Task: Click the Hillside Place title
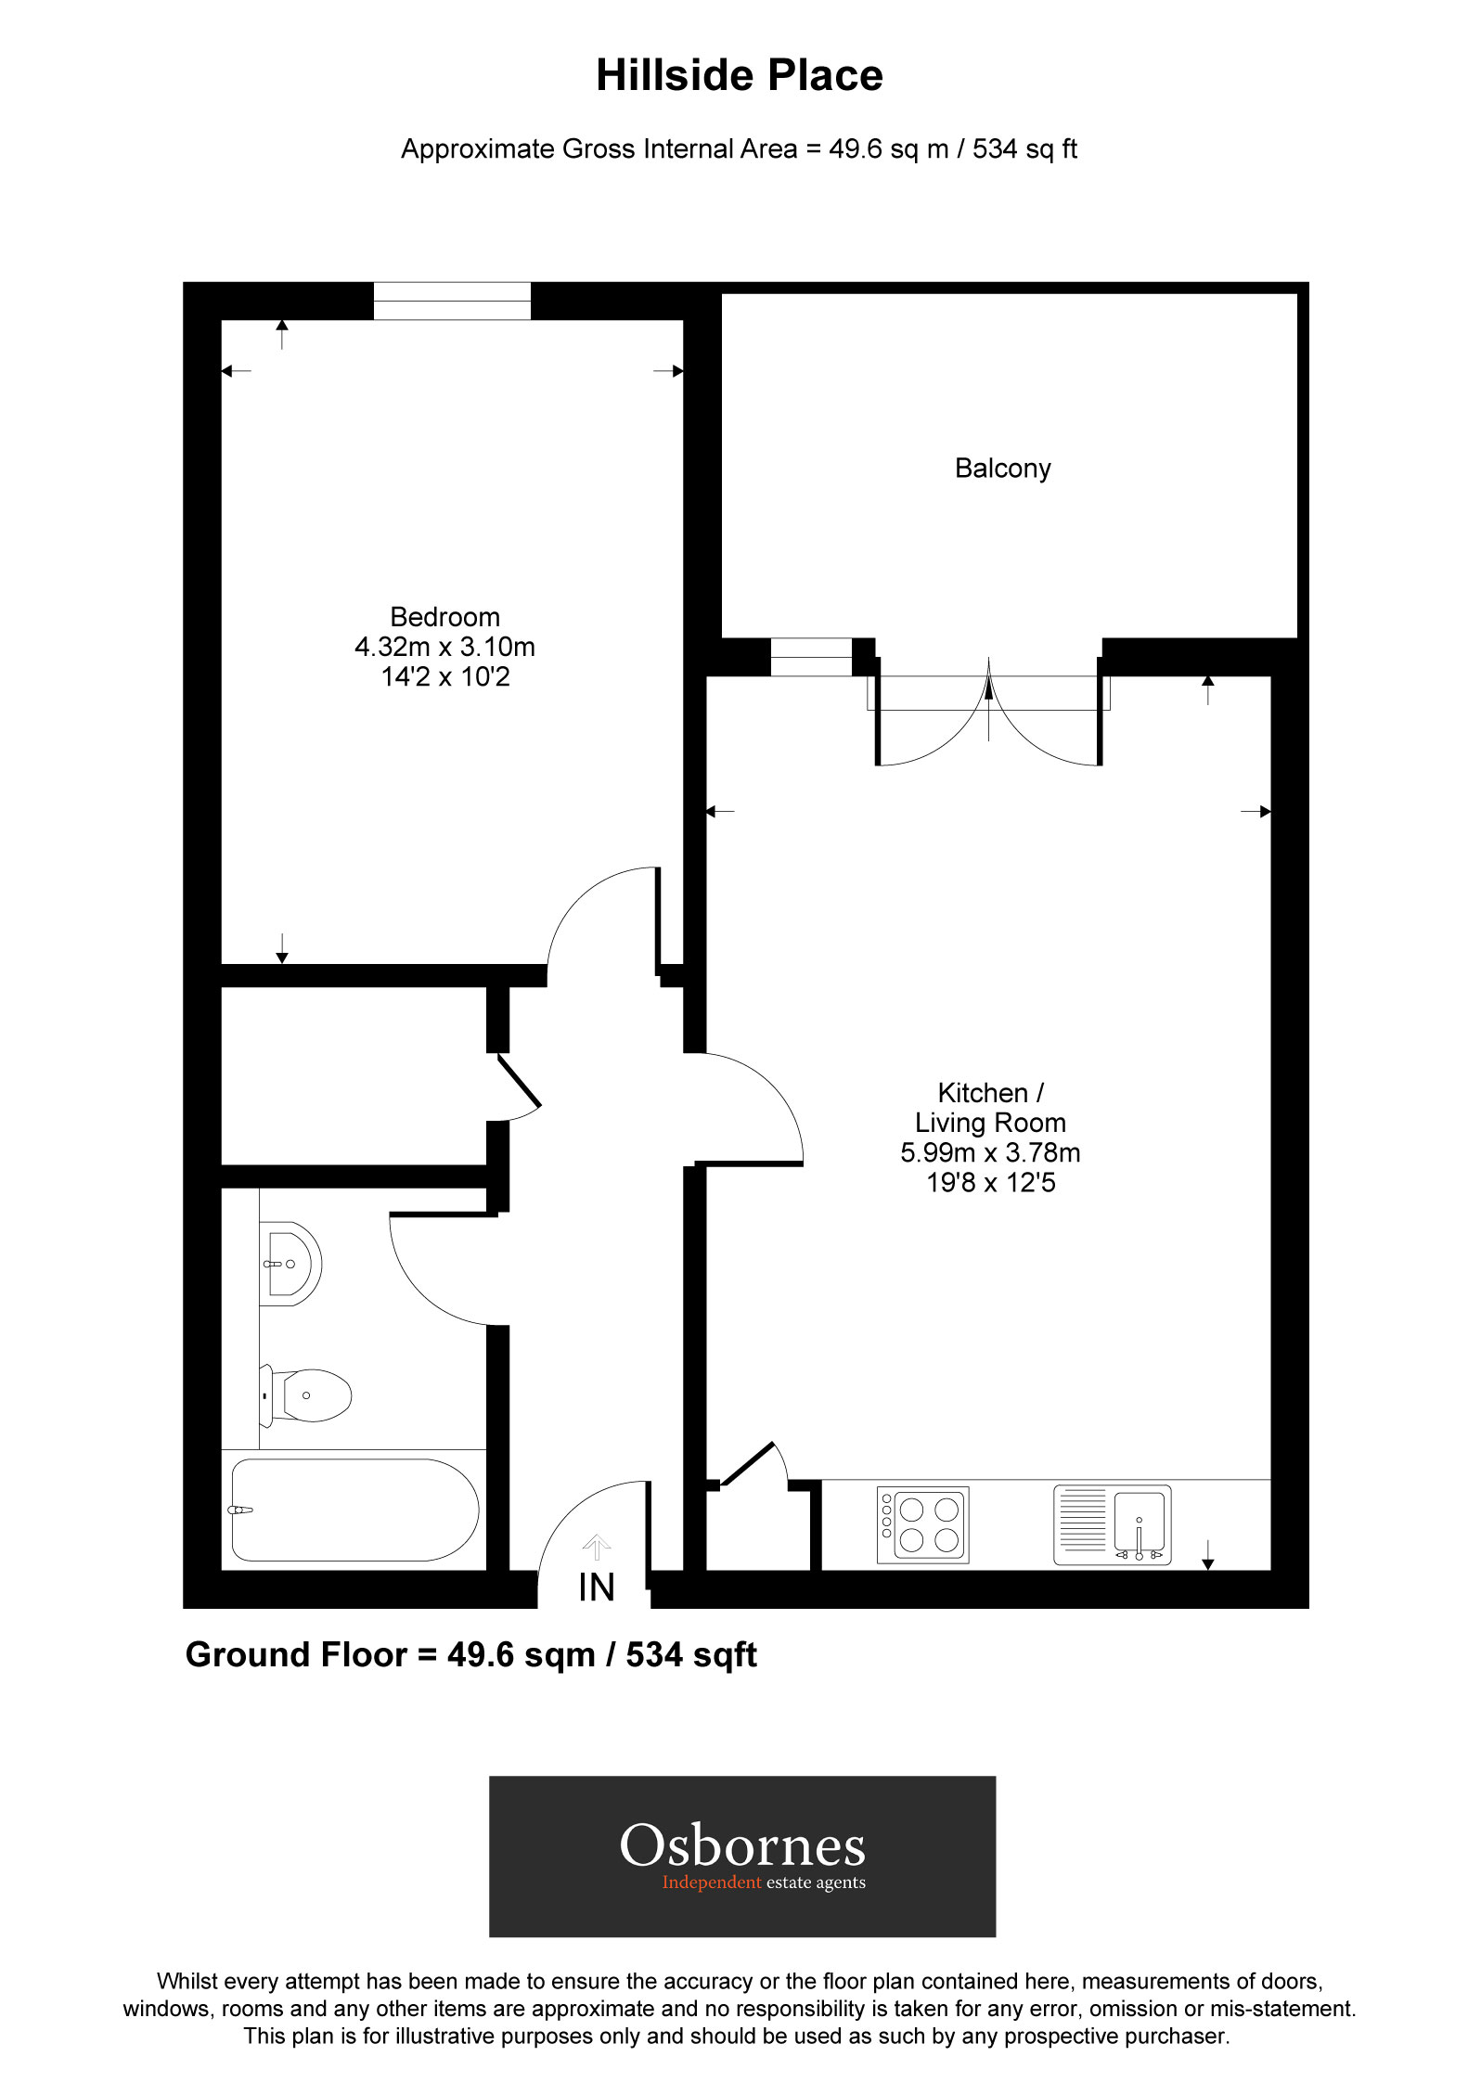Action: pos(739,76)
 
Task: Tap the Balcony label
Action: pos(1002,469)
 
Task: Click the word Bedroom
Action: pos(444,617)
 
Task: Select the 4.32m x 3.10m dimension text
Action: pos(444,647)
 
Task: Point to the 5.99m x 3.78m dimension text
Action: pos(990,1153)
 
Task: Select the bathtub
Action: pos(354,1510)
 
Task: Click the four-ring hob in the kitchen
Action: pos(923,1525)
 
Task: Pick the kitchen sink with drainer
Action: pos(1112,1525)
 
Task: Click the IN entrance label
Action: pos(596,1588)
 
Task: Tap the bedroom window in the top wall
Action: pos(452,302)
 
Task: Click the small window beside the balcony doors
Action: pos(810,657)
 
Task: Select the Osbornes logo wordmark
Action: pos(742,1846)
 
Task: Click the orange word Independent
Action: pos(711,1883)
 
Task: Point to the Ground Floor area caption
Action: pos(470,1655)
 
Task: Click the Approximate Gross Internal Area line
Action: pos(739,149)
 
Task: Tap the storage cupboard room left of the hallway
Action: pos(353,1076)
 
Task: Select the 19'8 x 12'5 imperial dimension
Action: pos(990,1183)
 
